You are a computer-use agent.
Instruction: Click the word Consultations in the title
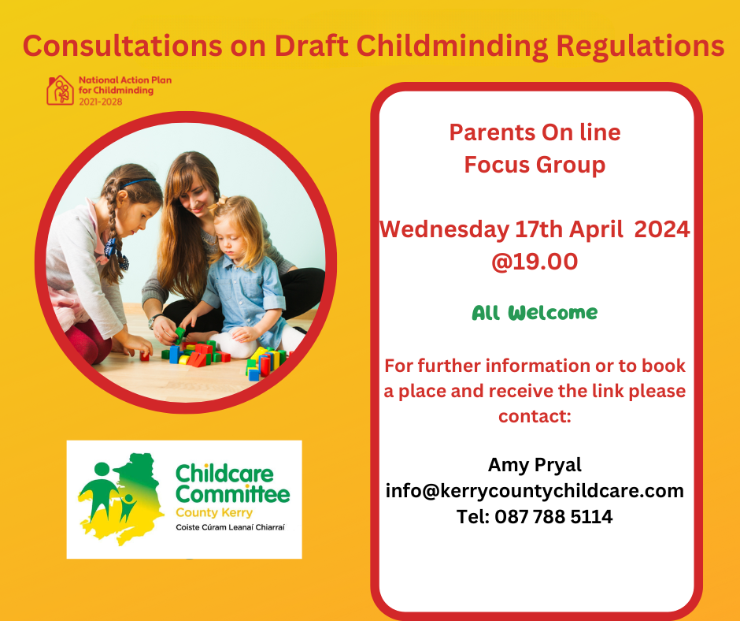122,46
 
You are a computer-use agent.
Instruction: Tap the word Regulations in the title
640,46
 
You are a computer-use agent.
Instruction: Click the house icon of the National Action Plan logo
60,91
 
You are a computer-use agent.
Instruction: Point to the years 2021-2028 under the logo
101,102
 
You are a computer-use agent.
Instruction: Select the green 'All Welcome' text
535,313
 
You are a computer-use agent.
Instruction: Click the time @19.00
535,262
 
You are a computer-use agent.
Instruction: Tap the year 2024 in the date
661,229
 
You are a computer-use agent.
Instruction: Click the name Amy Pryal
535,465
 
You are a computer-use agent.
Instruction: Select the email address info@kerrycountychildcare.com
535,491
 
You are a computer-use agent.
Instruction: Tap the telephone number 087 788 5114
553,516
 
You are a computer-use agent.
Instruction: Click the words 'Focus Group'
535,165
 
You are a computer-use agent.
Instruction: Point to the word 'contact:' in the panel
535,416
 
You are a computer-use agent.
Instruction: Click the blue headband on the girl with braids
138,182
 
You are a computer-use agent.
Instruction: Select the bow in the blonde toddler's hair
217,204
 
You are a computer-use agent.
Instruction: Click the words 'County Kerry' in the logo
214,513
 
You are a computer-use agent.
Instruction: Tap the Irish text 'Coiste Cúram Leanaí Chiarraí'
231,527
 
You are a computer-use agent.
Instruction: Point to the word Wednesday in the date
445,230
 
